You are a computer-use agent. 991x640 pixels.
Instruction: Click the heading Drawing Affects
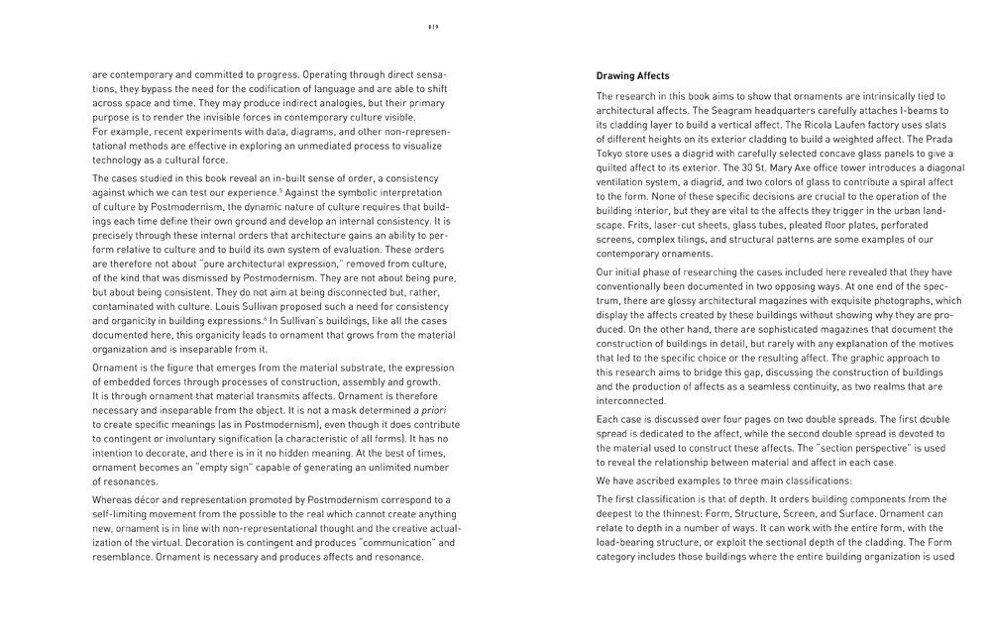tap(632, 76)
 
